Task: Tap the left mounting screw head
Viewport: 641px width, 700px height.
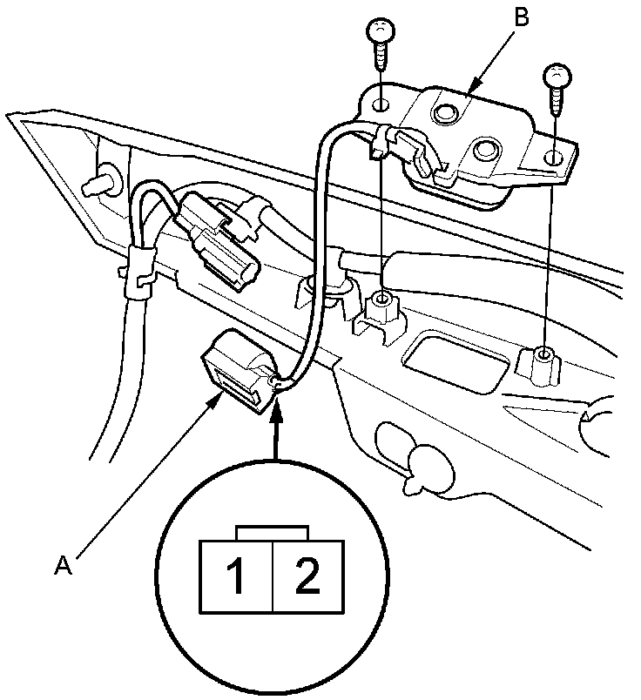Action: [x=380, y=32]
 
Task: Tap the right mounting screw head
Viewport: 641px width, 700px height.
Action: [x=555, y=76]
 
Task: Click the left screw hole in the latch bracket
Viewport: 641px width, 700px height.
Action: [x=381, y=105]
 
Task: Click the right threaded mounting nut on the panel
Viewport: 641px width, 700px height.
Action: [x=543, y=357]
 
